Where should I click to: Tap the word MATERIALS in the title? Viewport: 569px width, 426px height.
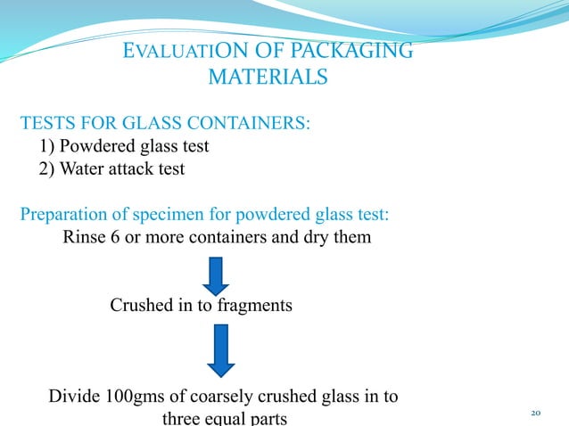267,78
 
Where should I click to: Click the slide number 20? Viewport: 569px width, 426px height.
536,413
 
